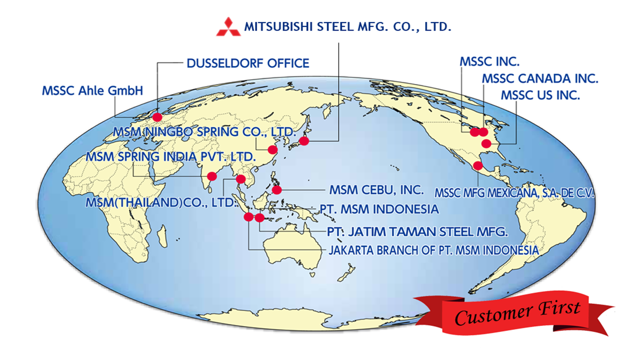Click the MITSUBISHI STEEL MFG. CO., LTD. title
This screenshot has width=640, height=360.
[x=347, y=27]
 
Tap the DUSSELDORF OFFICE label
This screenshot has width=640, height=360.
[x=248, y=63]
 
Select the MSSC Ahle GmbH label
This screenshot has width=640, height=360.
[x=92, y=91]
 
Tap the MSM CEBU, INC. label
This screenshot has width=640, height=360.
[x=376, y=190]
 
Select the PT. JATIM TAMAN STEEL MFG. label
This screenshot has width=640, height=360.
[x=417, y=232]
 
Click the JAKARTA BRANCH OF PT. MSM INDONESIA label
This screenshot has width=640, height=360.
[x=433, y=250]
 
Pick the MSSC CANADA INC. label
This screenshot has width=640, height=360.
[x=540, y=78]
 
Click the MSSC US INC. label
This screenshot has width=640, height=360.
[x=540, y=95]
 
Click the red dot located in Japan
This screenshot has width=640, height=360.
[x=304, y=140]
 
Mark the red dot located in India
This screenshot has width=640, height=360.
[x=212, y=176]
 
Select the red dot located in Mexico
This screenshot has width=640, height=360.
[x=478, y=165]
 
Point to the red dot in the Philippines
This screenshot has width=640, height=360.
[x=277, y=189]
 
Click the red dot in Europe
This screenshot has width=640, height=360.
[x=157, y=117]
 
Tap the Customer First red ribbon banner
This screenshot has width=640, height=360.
[x=515, y=312]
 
